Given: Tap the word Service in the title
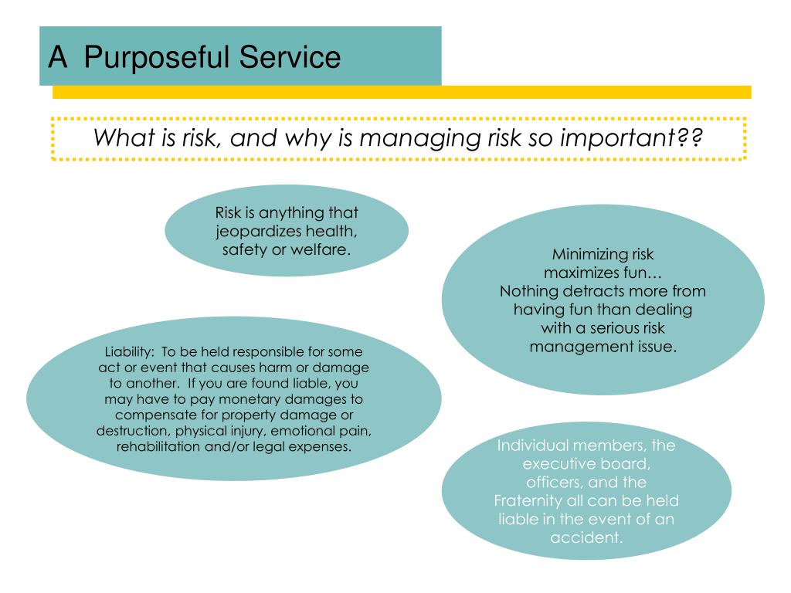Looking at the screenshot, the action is click(x=290, y=57).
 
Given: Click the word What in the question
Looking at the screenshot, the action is click(x=121, y=139).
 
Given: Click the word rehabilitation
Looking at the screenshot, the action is click(x=162, y=447).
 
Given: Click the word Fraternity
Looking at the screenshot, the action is click(x=528, y=500).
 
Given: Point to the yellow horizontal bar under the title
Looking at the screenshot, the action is click(x=402, y=92).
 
